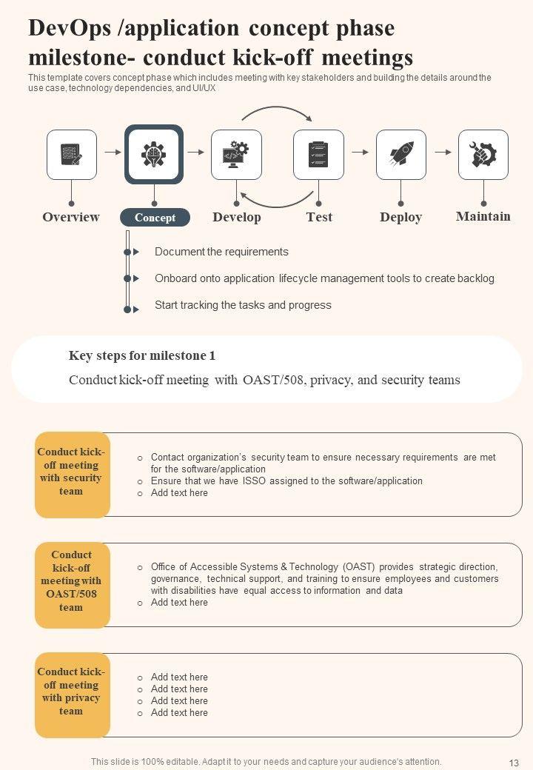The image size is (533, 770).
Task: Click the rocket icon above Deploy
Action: tap(400, 155)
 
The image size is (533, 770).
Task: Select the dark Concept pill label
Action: tap(155, 218)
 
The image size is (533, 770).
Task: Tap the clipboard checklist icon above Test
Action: tap(318, 155)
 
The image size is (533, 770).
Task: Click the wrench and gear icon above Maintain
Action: tap(483, 155)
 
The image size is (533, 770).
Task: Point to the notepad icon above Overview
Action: tap(72, 155)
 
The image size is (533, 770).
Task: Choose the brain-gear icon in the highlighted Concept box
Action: tap(154, 154)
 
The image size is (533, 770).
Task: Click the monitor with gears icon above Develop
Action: tap(236, 155)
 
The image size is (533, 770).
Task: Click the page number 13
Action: tap(514, 763)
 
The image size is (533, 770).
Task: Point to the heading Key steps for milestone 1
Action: tap(142, 356)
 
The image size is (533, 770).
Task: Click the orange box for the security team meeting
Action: tap(72, 475)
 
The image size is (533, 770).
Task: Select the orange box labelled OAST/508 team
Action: tap(72, 585)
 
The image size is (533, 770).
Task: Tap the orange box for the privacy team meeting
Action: tap(72, 694)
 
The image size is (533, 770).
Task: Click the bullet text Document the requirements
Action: tap(221, 252)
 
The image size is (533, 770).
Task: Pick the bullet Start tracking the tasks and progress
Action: tap(243, 305)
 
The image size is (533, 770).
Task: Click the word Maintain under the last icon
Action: tap(483, 216)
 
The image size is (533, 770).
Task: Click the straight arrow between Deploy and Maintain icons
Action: tap(443, 153)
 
